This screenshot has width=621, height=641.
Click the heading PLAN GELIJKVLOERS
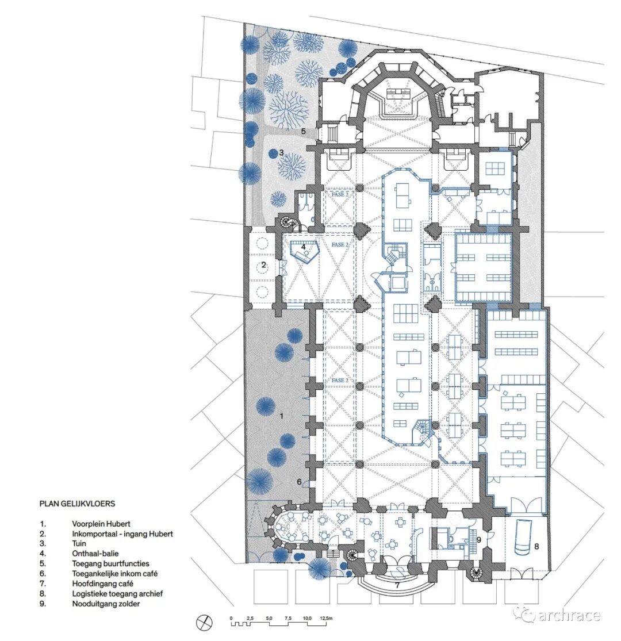(x=77, y=503)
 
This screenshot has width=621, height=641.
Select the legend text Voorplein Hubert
(x=101, y=524)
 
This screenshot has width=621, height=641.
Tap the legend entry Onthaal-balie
(x=95, y=554)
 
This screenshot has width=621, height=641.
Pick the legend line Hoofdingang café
(x=102, y=584)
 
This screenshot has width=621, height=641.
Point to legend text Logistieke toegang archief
(x=117, y=594)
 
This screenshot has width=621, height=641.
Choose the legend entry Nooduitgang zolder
(x=106, y=604)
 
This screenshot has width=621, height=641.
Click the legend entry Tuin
(x=79, y=543)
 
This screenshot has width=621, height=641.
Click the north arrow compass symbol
(x=204, y=623)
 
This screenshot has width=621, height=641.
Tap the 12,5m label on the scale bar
(x=326, y=618)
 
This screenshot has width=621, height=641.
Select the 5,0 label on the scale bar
(x=269, y=618)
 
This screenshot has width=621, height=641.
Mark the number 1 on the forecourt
(x=281, y=416)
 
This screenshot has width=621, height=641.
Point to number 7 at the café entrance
(x=397, y=585)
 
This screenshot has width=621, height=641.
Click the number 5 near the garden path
(x=304, y=131)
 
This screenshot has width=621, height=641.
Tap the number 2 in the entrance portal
(x=264, y=265)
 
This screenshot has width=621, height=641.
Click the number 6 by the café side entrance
(x=299, y=482)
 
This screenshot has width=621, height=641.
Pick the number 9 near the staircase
(x=478, y=540)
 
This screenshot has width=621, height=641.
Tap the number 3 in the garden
(x=281, y=153)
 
